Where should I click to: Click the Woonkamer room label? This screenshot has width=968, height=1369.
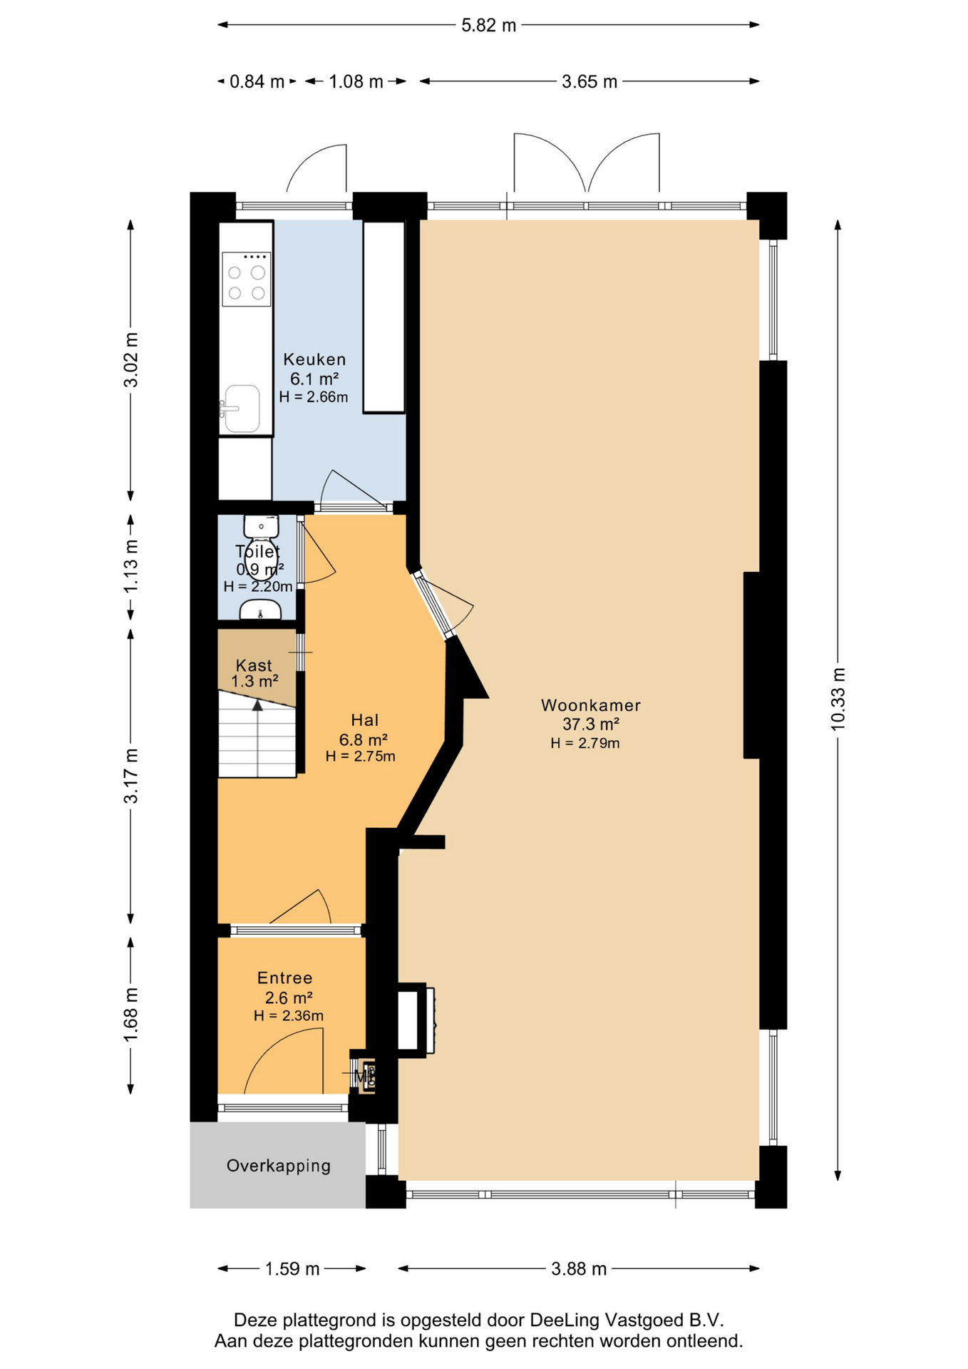point(590,705)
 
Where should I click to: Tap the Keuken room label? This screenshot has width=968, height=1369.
point(314,359)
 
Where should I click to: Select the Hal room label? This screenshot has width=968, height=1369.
point(364,720)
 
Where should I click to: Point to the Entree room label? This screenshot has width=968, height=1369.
point(284,978)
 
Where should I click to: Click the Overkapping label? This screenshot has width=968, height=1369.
point(279,1166)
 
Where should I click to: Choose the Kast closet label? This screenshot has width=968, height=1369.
point(254,665)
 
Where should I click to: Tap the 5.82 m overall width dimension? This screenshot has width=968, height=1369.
point(488,26)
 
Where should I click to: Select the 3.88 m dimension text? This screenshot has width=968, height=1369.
point(579,1269)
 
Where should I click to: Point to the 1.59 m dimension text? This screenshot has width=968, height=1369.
point(292,1269)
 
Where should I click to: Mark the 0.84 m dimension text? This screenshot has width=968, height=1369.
point(257,82)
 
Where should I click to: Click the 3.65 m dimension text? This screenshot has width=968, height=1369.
point(589,82)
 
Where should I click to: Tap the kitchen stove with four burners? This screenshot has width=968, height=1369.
point(246,279)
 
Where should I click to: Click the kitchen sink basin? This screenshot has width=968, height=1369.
point(242,409)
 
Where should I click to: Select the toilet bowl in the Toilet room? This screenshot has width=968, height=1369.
point(261,527)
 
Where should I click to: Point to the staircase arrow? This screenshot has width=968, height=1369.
point(257,738)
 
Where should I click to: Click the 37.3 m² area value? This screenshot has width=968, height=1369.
point(591,724)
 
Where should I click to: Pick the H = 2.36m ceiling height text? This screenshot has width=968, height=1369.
point(289,1016)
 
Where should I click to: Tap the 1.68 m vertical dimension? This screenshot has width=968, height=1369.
point(130,1015)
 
